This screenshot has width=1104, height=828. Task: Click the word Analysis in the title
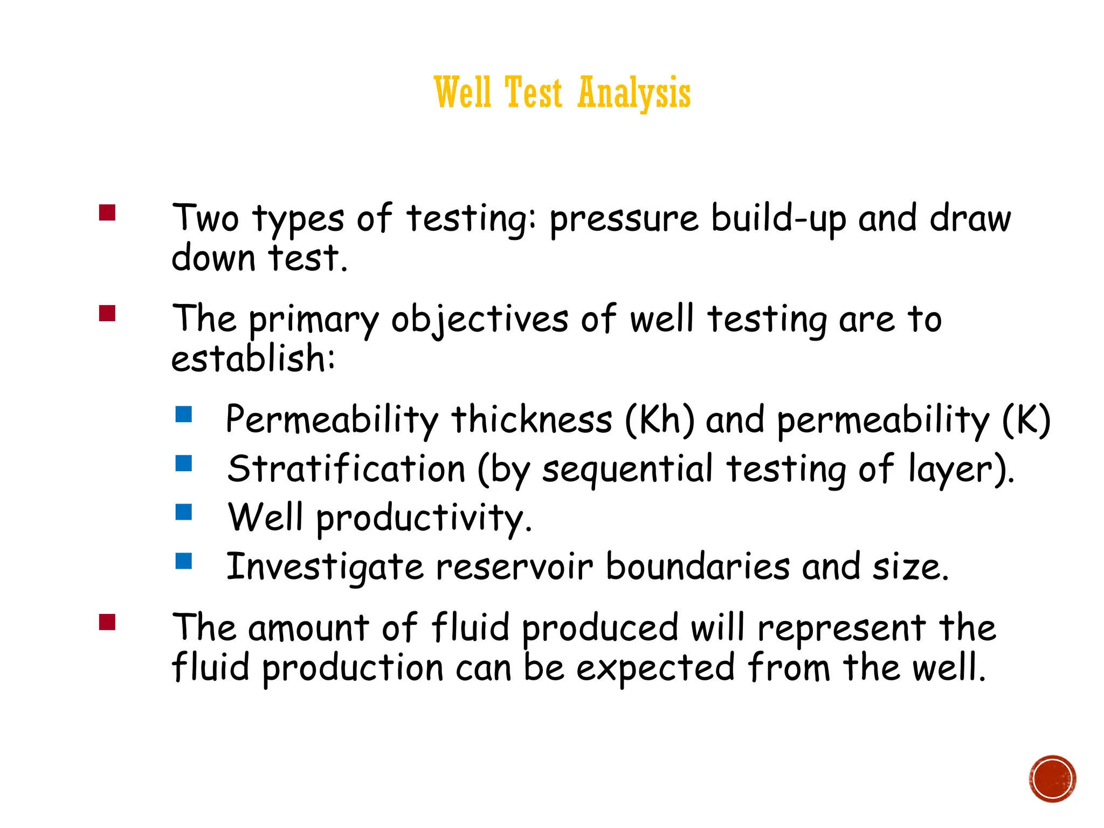pyautogui.click(x=634, y=93)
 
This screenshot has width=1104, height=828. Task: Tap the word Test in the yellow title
pyautogui.click(x=534, y=93)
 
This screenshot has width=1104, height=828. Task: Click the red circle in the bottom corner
pyautogui.click(x=1052, y=779)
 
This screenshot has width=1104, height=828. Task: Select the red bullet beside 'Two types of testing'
pyautogui.click(x=107, y=212)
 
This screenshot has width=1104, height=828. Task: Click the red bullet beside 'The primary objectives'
pyautogui.click(x=107, y=313)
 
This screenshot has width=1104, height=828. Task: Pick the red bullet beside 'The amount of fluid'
pyautogui.click(x=107, y=622)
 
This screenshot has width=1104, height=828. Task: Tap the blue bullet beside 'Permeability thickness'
pyautogui.click(x=184, y=414)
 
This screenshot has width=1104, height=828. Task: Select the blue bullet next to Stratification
pyautogui.click(x=184, y=463)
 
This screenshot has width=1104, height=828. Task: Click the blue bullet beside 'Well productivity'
pyautogui.click(x=184, y=512)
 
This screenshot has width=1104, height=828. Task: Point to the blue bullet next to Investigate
pyautogui.click(x=184, y=561)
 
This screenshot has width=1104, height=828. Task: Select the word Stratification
pyautogui.click(x=346, y=468)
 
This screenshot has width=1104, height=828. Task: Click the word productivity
pyautogui.click(x=424, y=518)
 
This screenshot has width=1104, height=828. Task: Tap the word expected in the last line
pyautogui.click(x=655, y=668)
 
